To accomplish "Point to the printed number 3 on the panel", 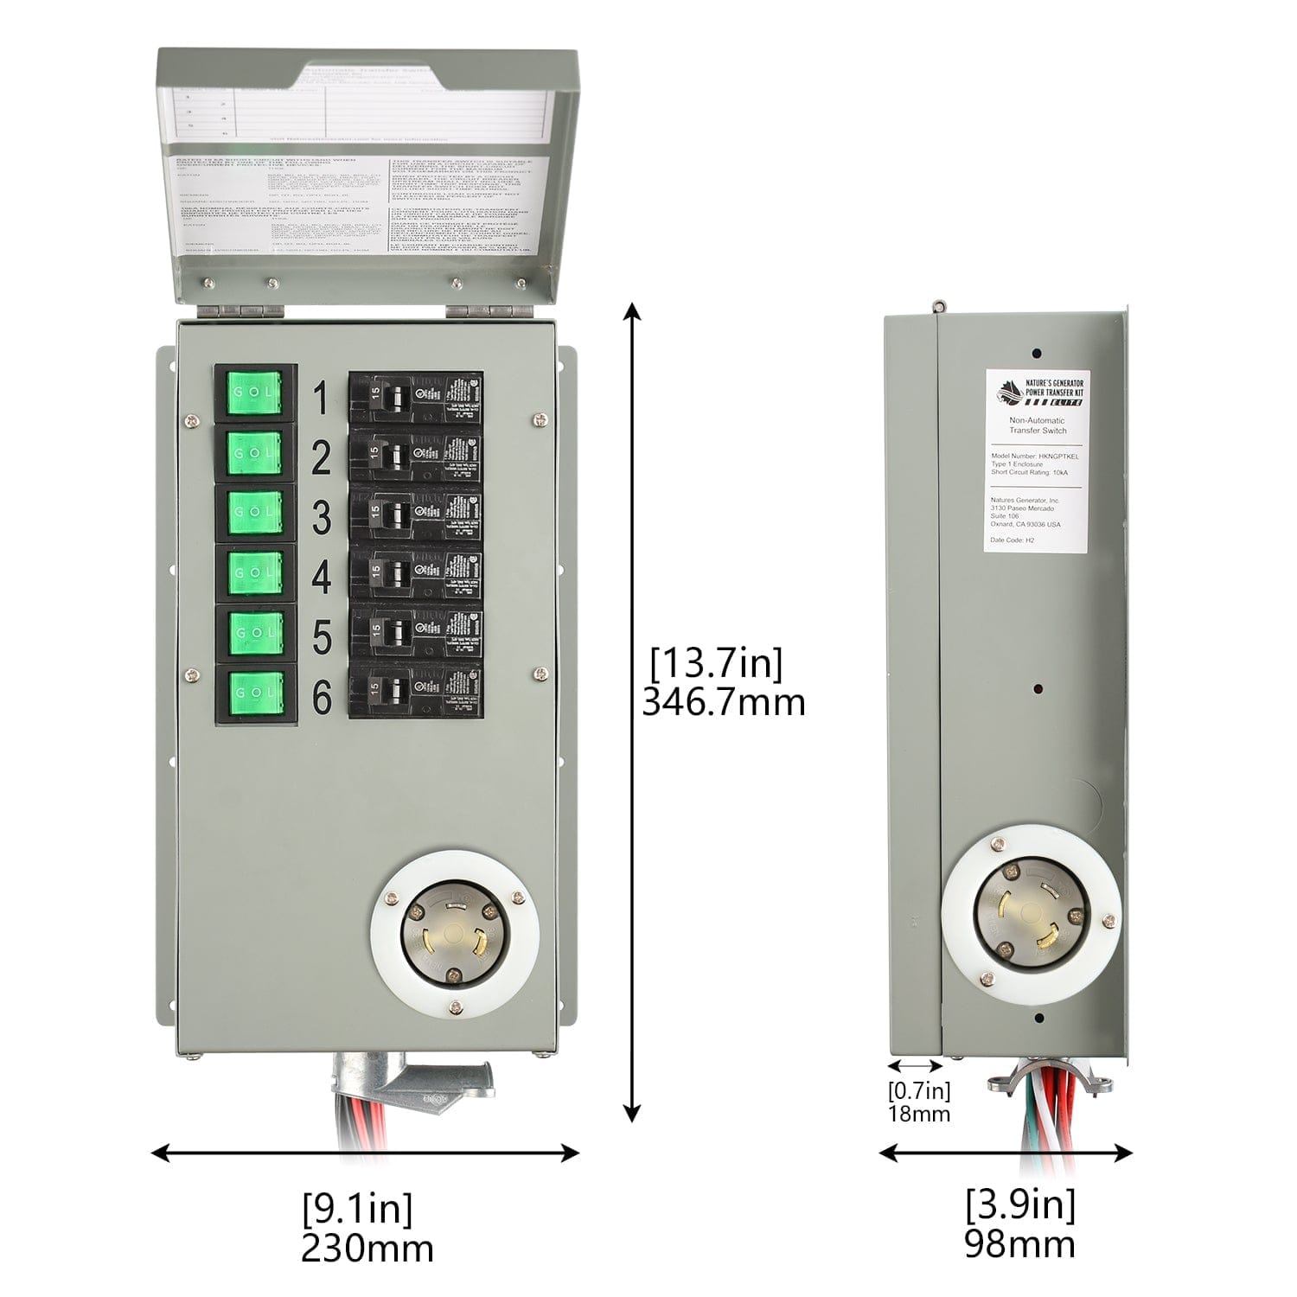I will coord(321,518).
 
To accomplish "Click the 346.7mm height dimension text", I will coord(723,702).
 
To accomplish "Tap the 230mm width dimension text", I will coord(367,1248).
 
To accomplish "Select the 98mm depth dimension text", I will coord(1020,1243).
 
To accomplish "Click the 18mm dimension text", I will coord(919,1114).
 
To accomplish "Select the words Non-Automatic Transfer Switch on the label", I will coord(1038,425).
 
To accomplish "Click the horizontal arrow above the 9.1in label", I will coord(365,1152).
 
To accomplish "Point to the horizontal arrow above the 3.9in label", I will coord(1006,1152).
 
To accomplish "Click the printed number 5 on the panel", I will coord(321,638).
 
